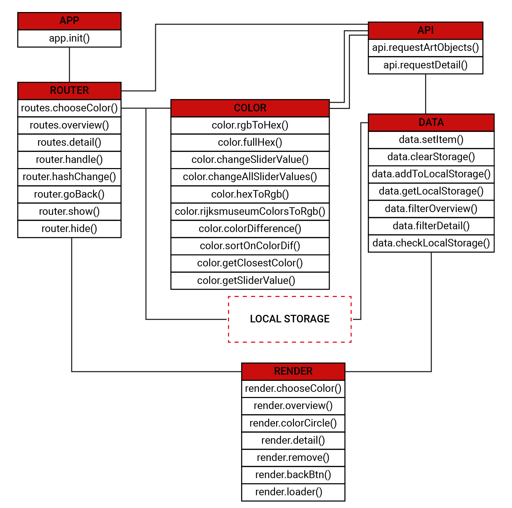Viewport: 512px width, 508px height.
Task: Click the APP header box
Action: point(69,21)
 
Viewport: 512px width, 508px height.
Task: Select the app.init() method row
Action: point(69,38)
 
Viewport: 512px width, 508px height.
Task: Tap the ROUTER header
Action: point(69,91)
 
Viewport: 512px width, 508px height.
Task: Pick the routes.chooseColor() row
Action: point(69,108)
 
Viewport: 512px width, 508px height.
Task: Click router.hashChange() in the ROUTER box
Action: point(69,177)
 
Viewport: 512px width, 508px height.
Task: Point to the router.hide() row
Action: point(69,229)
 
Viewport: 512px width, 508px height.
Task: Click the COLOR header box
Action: point(250,108)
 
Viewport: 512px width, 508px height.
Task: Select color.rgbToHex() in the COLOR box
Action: point(250,125)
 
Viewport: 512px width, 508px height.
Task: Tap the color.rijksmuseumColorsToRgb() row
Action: point(250,212)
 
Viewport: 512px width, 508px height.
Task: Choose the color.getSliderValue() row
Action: point(250,281)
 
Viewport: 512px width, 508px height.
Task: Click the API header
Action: point(425,31)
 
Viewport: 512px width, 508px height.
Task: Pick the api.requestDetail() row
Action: point(425,65)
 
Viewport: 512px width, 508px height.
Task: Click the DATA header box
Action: point(431,122)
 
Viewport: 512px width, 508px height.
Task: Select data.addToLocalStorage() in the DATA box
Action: point(431,174)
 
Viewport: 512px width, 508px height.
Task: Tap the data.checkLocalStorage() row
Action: point(431,243)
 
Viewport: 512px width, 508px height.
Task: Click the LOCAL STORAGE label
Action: point(290,319)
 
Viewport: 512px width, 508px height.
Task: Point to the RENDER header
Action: point(293,371)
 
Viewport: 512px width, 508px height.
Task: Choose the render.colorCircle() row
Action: point(293,423)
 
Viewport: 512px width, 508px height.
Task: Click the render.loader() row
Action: point(293,492)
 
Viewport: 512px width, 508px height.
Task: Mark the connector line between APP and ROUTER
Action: point(69,65)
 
